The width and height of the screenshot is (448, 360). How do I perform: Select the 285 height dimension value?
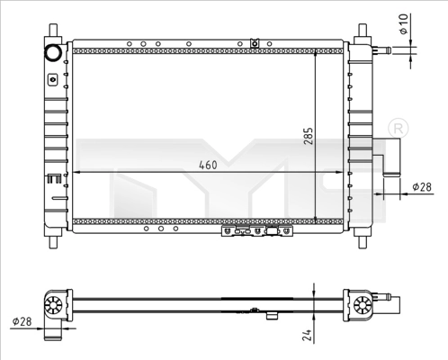point(309,135)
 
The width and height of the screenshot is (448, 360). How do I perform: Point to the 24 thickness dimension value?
point(309,337)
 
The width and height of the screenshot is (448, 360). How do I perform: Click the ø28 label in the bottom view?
point(22,321)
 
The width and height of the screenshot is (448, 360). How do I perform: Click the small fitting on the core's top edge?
point(255,41)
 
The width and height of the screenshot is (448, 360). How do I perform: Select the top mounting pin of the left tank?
point(52,32)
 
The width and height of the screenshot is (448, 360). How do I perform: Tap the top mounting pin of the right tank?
point(363,32)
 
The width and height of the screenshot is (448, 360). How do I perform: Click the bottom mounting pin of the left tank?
point(52,238)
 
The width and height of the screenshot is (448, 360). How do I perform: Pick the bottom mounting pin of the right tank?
point(363,238)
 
